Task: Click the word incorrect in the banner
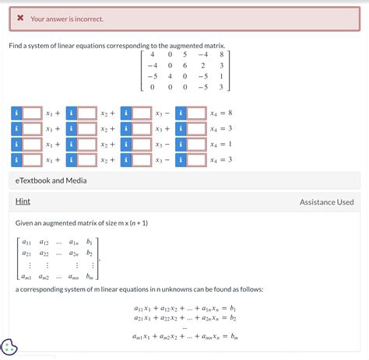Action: (x=87, y=18)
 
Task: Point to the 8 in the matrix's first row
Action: (x=222, y=54)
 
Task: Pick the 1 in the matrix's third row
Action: (x=222, y=76)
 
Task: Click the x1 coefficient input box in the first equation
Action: (x=32, y=114)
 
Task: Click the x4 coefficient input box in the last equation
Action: (x=196, y=159)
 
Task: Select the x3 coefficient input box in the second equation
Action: (x=142, y=129)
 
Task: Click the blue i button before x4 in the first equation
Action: (x=181, y=114)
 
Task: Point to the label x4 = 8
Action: (x=221, y=114)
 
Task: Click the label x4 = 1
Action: (x=221, y=145)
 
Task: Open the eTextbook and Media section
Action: (x=51, y=180)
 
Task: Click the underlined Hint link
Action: (x=23, y=202)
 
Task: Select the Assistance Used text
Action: (x=326, y=202)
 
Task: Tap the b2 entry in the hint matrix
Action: (x=90, y=253)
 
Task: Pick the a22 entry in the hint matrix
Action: (x=44, y=253)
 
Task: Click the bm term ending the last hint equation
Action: (x=233, y=337)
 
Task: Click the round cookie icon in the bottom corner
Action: (x=10, y=347)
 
